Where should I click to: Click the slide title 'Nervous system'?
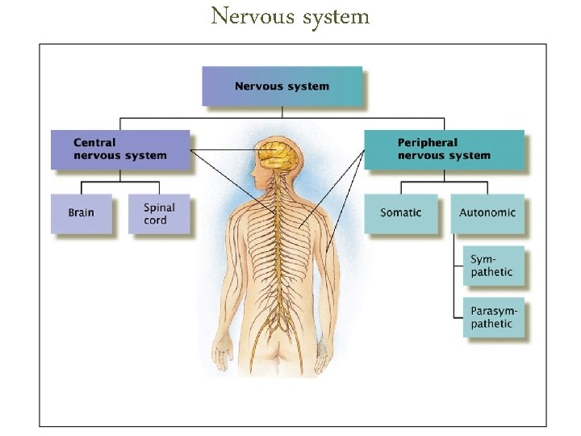(290, 16)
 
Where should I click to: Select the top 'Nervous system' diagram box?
(282, 86)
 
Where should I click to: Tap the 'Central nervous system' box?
(120, 149)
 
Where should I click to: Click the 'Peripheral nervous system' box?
(443, 149)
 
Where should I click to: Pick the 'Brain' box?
(81, 213)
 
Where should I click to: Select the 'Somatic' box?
(400, 213)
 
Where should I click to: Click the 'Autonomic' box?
(487, 213)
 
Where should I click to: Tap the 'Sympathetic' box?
(492, 266)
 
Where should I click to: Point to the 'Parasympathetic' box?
(492, 317)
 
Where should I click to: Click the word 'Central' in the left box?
(94, 143)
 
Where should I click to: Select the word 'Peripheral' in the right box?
(427, 143)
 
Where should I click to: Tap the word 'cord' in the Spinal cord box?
(155, 220)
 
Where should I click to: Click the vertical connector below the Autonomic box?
(455, 275)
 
